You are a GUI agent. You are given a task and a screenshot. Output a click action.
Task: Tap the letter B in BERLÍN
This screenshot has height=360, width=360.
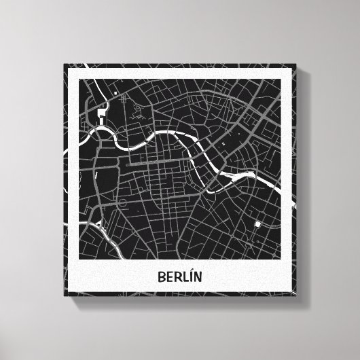162,278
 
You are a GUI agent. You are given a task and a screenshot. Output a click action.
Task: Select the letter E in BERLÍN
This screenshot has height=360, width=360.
169,278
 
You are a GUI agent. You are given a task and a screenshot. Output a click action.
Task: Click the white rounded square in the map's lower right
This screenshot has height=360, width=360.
258,225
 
